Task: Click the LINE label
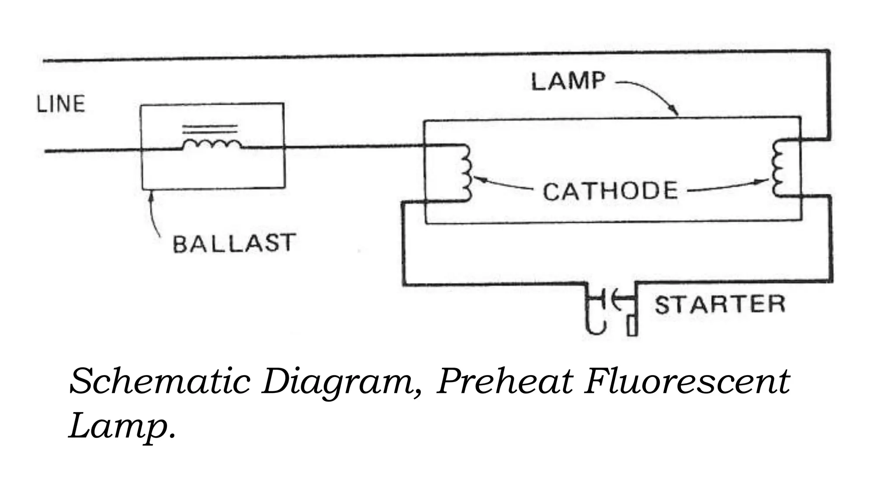coord(61,104)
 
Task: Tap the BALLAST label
coord(234,243)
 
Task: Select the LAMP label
coord(568,82)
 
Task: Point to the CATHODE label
coord(610,191)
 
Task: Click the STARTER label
coord(720,304)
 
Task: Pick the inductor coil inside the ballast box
coord(212,145)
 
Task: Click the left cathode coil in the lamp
coord(465,173)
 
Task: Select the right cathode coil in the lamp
coord(778,168)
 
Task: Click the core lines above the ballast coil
coord(210,129)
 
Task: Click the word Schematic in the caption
coord(160,382)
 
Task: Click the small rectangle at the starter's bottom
coord(632,326)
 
